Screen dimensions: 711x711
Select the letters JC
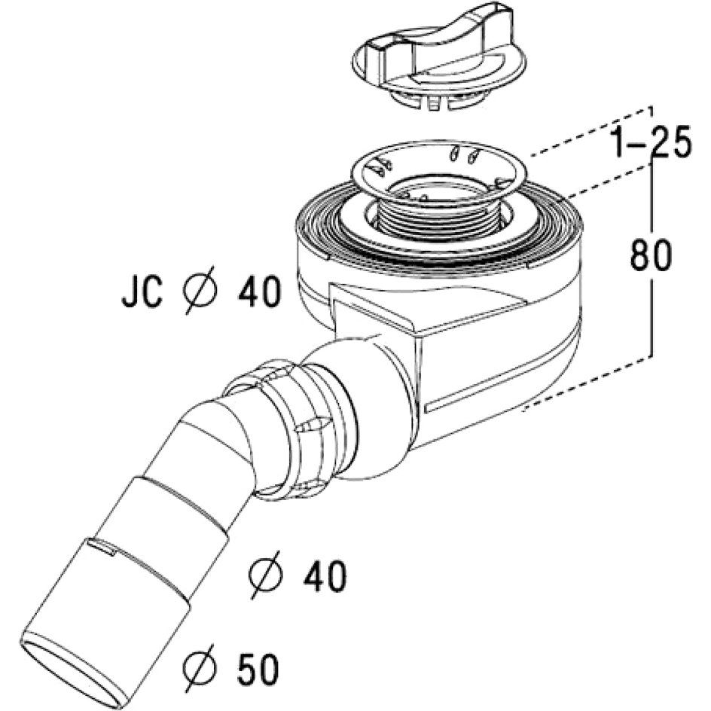click(x=142, y=294)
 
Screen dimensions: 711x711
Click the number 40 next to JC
click(x=259, y=292)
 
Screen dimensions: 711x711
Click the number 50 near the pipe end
click(x=258, y=670)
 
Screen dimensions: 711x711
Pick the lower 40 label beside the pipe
click(x=325, y=577)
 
